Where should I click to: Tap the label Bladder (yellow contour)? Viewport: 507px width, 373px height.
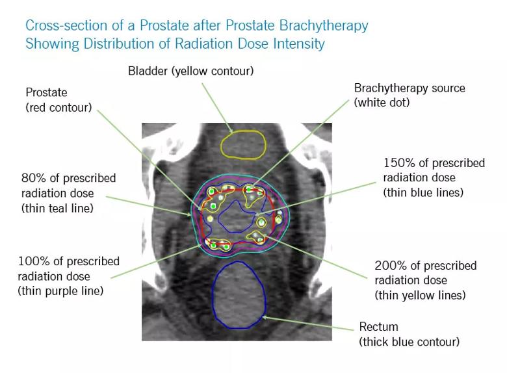(x=190, y=70)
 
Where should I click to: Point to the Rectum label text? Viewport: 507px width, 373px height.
(x=379, y=326)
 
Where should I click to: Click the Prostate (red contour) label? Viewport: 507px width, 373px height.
(x=58, y=100)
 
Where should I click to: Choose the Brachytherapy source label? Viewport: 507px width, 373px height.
(x=409, y=88)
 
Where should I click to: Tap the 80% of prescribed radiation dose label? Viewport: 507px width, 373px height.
(x=68, y=185)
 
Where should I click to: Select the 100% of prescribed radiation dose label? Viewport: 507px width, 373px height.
(x=68, y=269)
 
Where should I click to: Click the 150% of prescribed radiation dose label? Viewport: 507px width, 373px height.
(x=434, y=170)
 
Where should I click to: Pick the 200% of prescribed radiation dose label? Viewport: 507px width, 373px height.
(x=425, y=273)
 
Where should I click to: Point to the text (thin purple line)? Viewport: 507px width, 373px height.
(x=60, y=291)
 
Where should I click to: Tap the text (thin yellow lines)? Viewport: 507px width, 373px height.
(x=420, y=295)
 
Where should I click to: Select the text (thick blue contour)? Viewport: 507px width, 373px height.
(x=409, y=341)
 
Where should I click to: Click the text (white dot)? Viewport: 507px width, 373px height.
(x=382, y=103)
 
